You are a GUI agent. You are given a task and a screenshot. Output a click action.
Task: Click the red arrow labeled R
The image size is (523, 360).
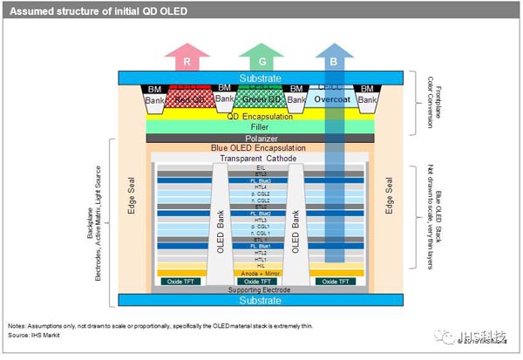[187, 63]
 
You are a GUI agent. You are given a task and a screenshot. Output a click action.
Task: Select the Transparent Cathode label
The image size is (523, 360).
[261, 159]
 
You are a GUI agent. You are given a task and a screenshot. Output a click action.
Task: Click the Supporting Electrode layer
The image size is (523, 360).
[261, 289]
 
